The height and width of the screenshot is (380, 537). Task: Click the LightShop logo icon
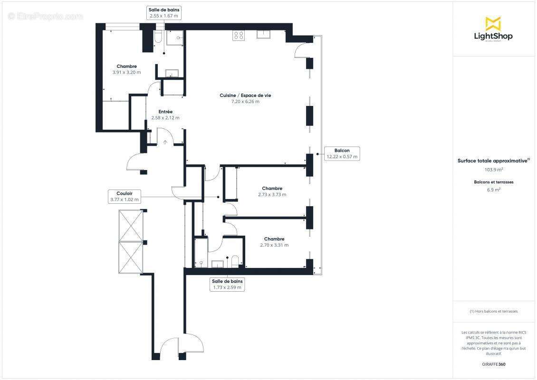click(x=493, y=24)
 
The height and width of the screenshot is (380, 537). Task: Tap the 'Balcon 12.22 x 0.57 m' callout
click(x=342, y=153)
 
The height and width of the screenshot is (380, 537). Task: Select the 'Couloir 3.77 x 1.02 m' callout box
click(x=125, y=196)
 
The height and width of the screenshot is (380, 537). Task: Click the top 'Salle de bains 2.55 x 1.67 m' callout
click(x=164, y=13)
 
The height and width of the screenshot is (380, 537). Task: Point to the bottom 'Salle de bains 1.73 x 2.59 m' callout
click(x=227, y=284)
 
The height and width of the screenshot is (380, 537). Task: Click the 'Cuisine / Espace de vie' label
click(x=245, y=95)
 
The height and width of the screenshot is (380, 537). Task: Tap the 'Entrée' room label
click(x=165, y=112)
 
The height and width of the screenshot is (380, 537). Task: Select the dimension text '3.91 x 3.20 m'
click(x=127, y=73)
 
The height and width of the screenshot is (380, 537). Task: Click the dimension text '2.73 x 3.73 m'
click(x=272, y=195)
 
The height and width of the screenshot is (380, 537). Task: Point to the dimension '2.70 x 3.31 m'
click(x=274, y=245)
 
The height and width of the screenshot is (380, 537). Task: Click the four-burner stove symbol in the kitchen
click(x=238, y=35)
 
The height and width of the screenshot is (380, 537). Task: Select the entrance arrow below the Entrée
click(x=165, y=142)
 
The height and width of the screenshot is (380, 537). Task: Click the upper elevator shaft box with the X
click(x=131, y=225)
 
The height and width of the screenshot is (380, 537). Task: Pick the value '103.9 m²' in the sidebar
click(x=493, y=169)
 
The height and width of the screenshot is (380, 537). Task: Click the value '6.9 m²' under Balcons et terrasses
click(x=493, y=190)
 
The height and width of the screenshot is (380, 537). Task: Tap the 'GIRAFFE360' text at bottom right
click(x=493, y=364)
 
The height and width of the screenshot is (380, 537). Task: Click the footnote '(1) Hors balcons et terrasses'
click(x=493, y=311)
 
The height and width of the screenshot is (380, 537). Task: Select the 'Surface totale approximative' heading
click(x=492, y=161)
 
